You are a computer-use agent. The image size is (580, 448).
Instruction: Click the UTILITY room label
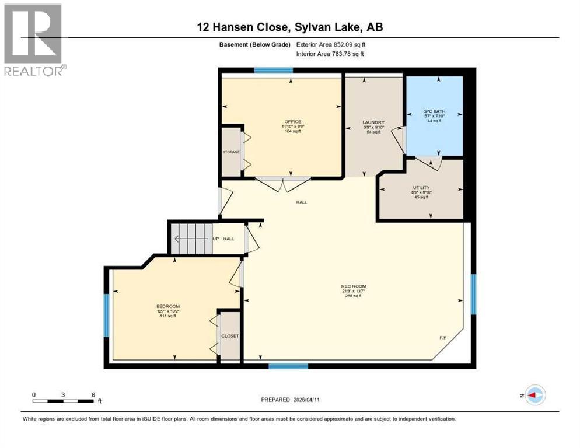[421, 188]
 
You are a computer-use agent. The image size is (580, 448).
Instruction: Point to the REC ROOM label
[353, 286]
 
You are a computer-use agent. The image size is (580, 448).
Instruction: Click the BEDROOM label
[167, 307]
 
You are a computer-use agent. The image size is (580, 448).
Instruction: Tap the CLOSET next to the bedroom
[230, 336]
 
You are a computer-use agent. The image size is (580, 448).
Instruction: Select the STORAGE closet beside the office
[231, 152]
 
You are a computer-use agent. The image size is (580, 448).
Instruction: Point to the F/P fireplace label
[443, 338]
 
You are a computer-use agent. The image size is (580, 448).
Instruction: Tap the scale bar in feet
[64, 400]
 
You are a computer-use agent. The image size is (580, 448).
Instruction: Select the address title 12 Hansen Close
[289, 27]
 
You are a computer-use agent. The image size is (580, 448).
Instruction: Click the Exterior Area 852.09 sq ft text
[331, 44]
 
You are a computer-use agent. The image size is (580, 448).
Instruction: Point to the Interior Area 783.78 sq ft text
[331, 54]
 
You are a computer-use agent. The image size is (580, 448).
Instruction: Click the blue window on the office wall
[273, 70]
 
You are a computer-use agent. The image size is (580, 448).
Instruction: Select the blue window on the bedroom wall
[107, 315]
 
